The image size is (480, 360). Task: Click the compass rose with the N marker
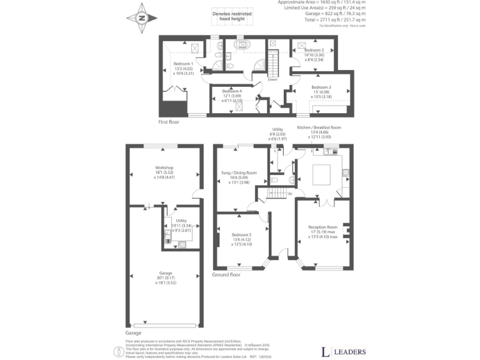(x=141, y=18)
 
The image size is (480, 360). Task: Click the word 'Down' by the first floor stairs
(x=272, y=79)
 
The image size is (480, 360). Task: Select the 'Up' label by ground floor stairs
(x=289, y=193)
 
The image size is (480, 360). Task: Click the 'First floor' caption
(x=169, y=122)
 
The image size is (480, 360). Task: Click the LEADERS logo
(x=343, y=351)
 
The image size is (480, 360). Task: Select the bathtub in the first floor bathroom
(x=241, y=45)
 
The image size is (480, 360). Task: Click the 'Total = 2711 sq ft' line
(x=345, y=20)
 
